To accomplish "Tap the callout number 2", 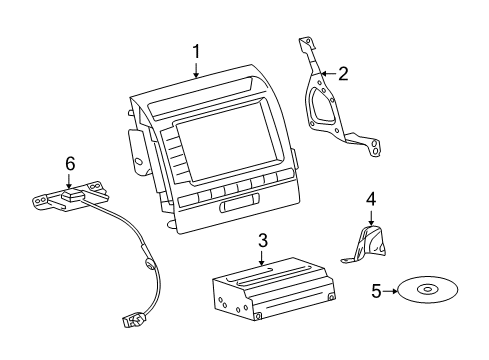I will coord(342,72).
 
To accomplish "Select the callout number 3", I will coord(262,240).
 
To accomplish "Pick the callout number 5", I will coord(376,292).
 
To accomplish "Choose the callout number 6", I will coord(69,161).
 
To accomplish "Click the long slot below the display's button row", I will coord(232,206).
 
